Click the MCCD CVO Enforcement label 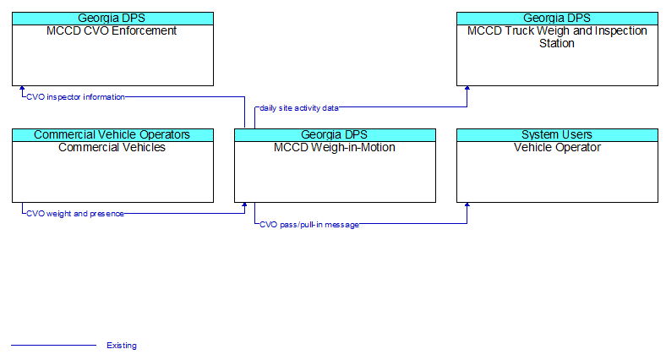click(112, 31)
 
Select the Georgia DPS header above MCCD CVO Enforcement click(112, 19)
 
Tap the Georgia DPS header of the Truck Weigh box click(557, 19)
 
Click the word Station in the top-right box click(557, 43)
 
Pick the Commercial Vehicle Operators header click(112, 134)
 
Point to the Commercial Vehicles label click(112, 147)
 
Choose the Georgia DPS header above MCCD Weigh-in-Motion click(335, 134)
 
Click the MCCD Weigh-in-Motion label click(335, 147)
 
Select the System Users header click(557, 134)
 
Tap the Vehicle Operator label click(557, 147)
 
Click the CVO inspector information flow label click(75, 97)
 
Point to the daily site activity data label click(299, 108)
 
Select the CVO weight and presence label click(75, 214)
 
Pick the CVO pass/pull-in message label click(309, 225)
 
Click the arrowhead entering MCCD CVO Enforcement click(22, 88)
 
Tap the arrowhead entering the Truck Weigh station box click(467, 88)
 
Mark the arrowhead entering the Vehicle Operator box click(467, 205)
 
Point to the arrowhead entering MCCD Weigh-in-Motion click(244, 205)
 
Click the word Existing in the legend click(122, 346)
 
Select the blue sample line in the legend click(53, 345)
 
